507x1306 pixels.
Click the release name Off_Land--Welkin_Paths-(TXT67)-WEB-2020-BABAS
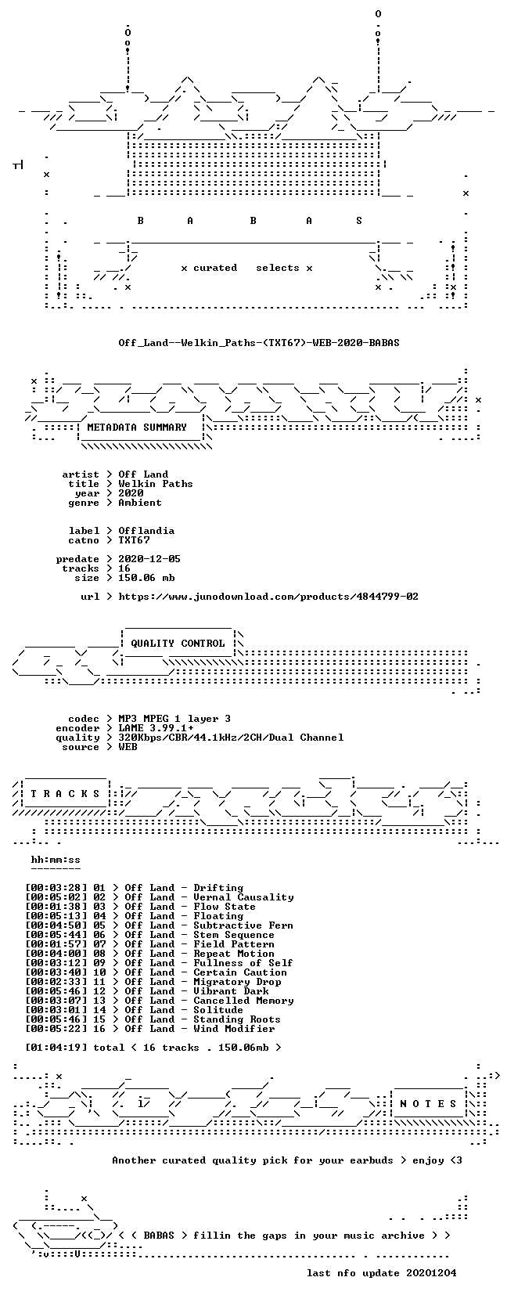coord(259,343)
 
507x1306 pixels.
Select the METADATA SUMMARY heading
coord(137,428)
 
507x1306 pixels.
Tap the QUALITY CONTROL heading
coord(178,644)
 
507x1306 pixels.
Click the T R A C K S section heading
coord(65,793)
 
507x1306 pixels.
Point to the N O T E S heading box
coord(428,1104)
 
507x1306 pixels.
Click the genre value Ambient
coord(140,503)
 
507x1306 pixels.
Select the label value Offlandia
coord(146,531)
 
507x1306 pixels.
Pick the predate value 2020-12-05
coord(149,558)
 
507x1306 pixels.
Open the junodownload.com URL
coord(268,597)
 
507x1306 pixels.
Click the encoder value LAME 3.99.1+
coord(156,728)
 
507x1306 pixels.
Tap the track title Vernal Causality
coord(243,897)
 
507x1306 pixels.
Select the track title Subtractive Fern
coord(243,925)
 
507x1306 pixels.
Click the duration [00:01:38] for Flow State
coord(56,907)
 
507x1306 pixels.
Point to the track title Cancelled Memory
coord(243,1001)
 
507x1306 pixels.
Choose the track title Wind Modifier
coord(234,1029)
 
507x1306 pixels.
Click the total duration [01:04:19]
coord(56,1047)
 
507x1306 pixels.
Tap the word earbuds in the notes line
coord(372,1160)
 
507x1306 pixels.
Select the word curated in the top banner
coord(215,268)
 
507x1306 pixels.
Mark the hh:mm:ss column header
coord(56,860)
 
